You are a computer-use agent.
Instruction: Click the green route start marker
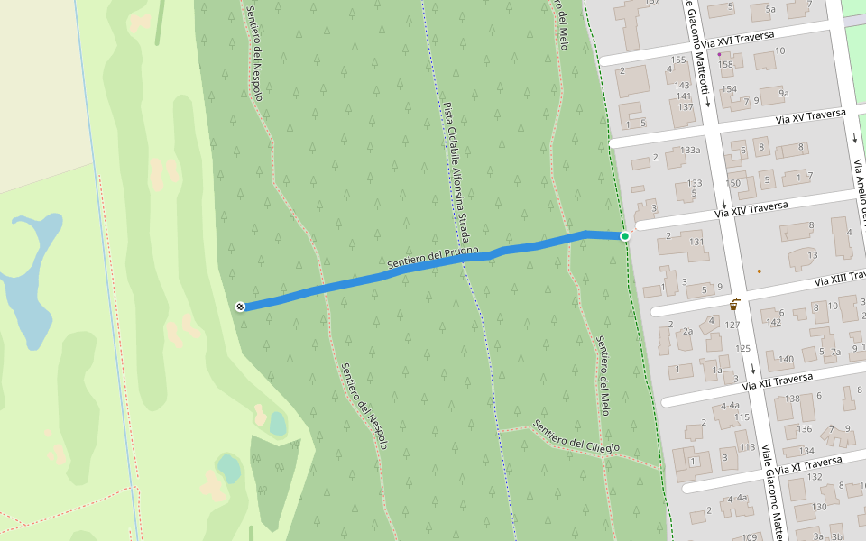(625, 236)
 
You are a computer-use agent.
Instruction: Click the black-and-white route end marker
(240, 307)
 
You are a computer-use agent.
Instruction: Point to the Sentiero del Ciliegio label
(576, 437)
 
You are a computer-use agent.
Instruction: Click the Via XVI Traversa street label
(738, 40)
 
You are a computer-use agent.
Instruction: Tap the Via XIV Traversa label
(751, 210)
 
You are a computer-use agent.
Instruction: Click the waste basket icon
(736, 304)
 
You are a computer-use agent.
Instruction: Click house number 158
(726, 64)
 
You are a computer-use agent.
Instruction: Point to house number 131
(696, 242)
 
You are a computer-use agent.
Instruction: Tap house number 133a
(691, 150)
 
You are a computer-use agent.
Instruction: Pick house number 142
(773, 322)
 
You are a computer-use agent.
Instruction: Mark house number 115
(742, 417)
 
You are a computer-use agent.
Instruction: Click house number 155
(678, 60)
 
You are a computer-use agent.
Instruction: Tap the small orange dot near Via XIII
(760, 270)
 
